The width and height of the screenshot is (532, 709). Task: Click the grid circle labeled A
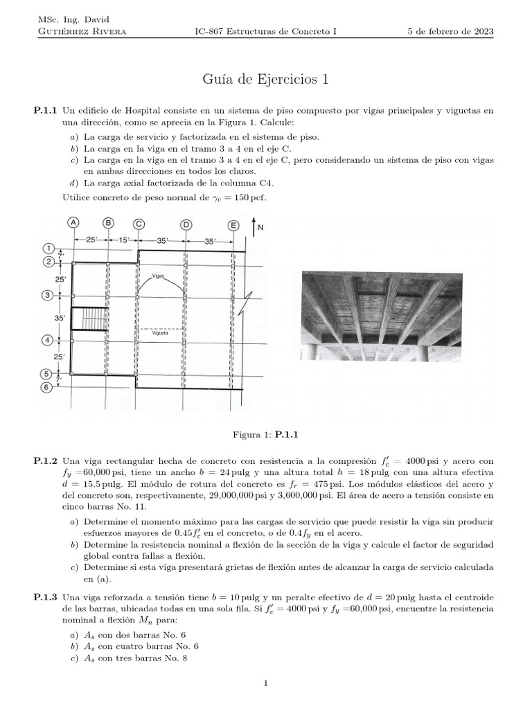pyautogui.click(x=73, y=223)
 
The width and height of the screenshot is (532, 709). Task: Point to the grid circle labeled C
pyautogui.click(x=139, y=223)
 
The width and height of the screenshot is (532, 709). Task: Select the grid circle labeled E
pyautogui.click(x=233, y=225)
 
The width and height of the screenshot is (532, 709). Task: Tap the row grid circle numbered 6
pyautogui.click(x=47, y=388)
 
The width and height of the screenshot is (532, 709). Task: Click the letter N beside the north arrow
pyautogui.click(x=260, y=227)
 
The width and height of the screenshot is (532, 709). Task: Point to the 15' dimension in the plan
pyautogui.click(x=122, y=240)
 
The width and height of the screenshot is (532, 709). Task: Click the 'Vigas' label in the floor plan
pyautogui.click(x=159, y=276)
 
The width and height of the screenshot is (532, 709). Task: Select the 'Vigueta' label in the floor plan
pyautogui.click(x=160, y=332)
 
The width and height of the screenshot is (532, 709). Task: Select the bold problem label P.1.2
pyautogui.click(x=46, y=460)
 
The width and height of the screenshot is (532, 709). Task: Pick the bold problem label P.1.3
pyautogui.click(x=46, y=597)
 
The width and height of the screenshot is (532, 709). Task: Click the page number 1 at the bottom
pyautogui.click(x=265, y=684)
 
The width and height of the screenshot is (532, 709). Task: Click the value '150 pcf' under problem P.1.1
pyautogui.click(x=248, y=197)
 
